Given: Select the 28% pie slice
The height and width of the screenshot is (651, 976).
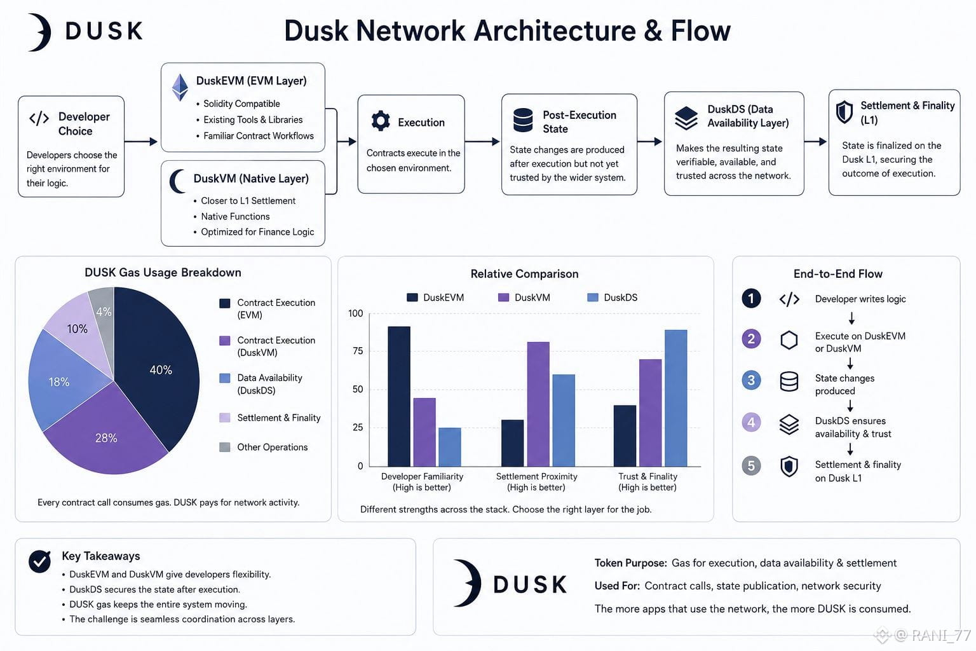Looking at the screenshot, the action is pyautogui.click(x=107, y=436).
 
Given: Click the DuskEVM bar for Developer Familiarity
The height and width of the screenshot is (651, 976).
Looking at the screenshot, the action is pyautogui.click(x=398, y=396).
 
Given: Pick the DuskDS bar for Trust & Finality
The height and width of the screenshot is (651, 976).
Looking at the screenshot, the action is pyautogui.click(x=676, y=398).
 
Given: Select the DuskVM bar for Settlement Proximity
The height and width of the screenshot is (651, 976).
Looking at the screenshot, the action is pyautogui.click(x=538, y=404).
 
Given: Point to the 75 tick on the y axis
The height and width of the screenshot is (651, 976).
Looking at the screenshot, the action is pyautogui.click(x=358, y=351).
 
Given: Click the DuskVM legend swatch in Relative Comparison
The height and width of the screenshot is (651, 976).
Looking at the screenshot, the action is pyautogui.click(x=503, y=298).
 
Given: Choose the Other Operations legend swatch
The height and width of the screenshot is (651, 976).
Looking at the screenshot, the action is pyautogui.click(x=225, y=447).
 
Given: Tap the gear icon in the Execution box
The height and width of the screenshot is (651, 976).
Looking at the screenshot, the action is pyautogui.click(x=381, y=121).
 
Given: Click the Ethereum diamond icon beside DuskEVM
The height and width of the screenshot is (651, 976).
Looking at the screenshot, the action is pyautogui.click(x=180, y=87).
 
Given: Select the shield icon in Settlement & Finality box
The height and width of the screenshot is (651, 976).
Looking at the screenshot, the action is pyautogui.click(x=844, y=112).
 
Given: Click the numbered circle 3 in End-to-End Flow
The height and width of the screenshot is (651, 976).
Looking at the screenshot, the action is pyautogui.click(x=751, y=380).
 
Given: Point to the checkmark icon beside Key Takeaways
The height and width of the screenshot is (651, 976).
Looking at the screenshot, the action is pyautogui.click(x=39, y=561).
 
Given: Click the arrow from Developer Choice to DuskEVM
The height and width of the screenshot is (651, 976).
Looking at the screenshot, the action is pyautogui.click(x=140, y=141).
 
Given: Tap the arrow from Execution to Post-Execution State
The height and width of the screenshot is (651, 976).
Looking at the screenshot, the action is pyautogui.click(x=482, y=141).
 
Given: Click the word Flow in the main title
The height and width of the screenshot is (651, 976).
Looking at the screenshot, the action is pyautogui.click(x=701, y=31).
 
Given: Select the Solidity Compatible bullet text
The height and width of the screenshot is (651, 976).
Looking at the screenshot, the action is pyautogui.click(x=241, y=104).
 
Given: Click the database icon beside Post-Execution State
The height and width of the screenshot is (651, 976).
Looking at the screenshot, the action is pyautogui.click(x=523, y=120).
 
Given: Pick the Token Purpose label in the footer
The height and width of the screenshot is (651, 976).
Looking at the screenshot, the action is pyautogui.click(x=630, y=563).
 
